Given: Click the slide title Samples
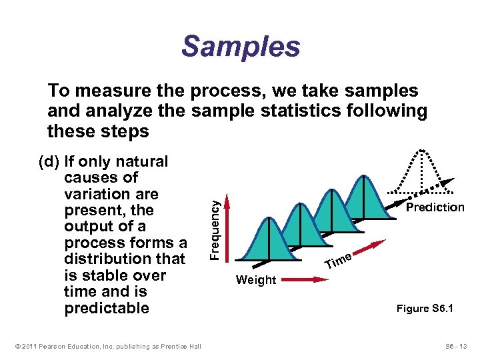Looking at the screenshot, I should (x=241, y=47).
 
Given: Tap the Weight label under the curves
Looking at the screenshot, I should (x=255, y=280).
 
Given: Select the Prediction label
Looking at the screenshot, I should (x=435, y=207).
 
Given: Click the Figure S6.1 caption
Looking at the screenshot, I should (x=425, y=309).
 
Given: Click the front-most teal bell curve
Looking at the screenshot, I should (x=268, y=240).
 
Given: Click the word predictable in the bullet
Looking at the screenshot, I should (x=107, y=308).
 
